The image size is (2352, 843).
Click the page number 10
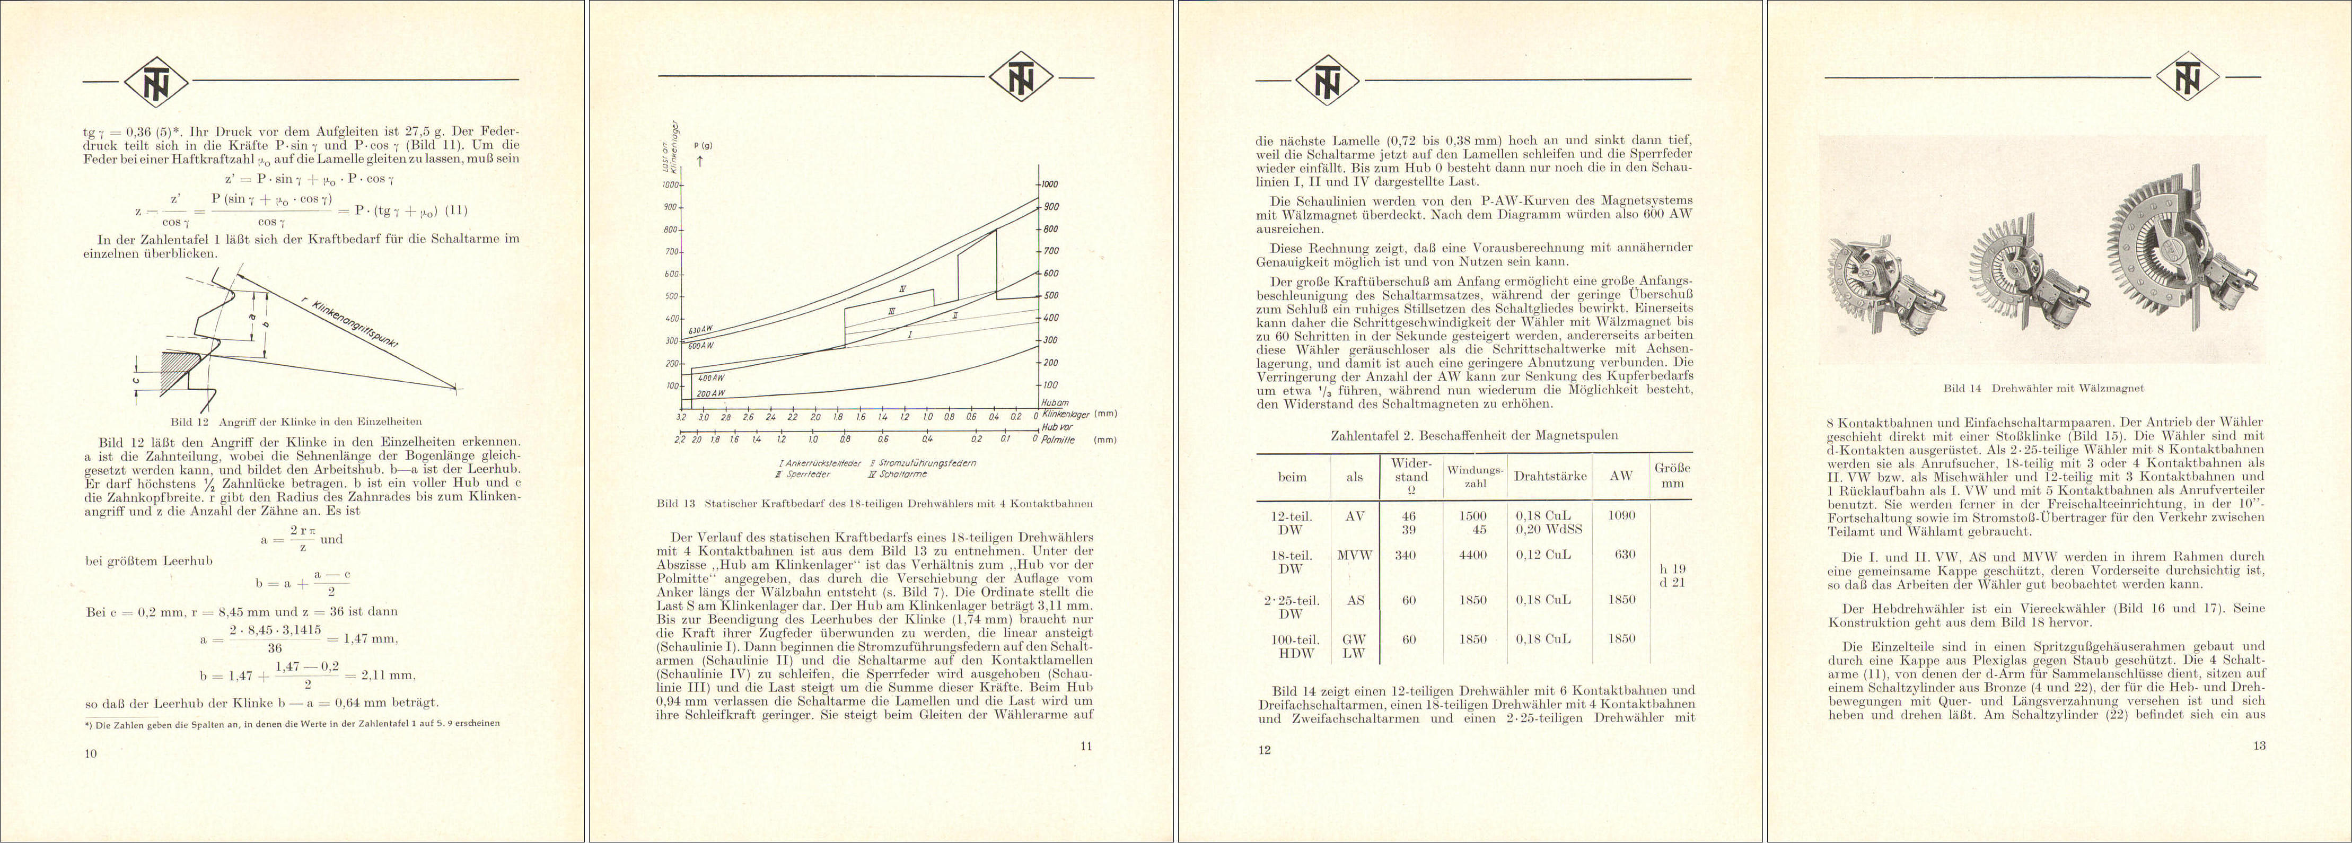[x=90, y=753]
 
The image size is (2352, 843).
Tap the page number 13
[x=2260, y=746]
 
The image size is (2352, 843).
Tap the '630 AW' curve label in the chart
[x=700, y=331]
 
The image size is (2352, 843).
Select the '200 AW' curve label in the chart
[x=710, y=393]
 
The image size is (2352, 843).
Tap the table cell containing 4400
[x=1473, y=555]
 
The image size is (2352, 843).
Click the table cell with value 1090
[x=1621, y=515]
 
